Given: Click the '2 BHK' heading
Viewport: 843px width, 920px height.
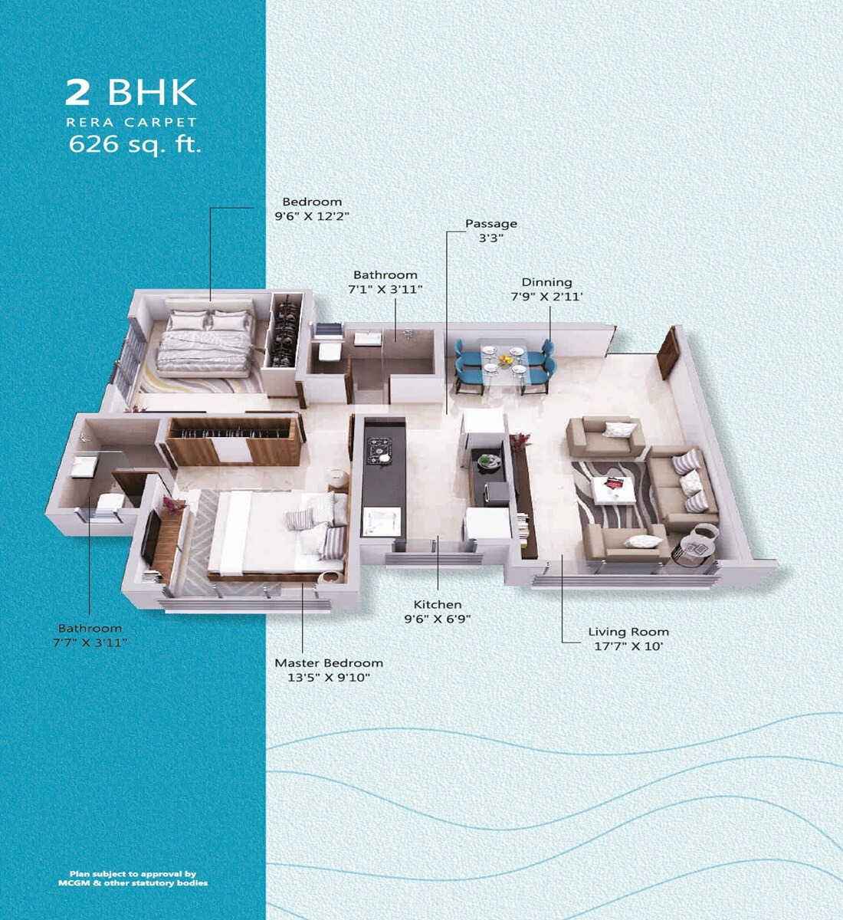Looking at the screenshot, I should coord(131,92).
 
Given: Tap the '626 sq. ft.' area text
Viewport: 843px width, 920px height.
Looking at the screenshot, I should coord(135,144).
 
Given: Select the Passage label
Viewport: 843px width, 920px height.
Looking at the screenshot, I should coord(491,224).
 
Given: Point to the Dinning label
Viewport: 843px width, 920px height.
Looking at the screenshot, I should coord(546,282).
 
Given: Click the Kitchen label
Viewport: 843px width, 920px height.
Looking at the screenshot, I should coord(438,604).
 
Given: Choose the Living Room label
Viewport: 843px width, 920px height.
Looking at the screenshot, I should coord(628,632).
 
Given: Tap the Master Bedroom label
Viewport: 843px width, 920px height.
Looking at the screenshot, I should coord(329,662).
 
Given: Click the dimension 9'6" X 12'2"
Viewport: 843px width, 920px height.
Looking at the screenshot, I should coord(312,216).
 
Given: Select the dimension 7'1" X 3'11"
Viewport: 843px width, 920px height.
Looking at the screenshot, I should coord(385,289).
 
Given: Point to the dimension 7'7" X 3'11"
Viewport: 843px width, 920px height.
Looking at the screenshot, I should coord(90,642).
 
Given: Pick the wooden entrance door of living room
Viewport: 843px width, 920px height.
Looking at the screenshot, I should coord(669,353).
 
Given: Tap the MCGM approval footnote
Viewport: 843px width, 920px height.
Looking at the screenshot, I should coord(133,879).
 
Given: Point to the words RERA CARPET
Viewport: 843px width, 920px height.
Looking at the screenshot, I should coord(131,123).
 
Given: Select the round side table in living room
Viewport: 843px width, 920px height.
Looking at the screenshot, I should coord(695,547).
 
